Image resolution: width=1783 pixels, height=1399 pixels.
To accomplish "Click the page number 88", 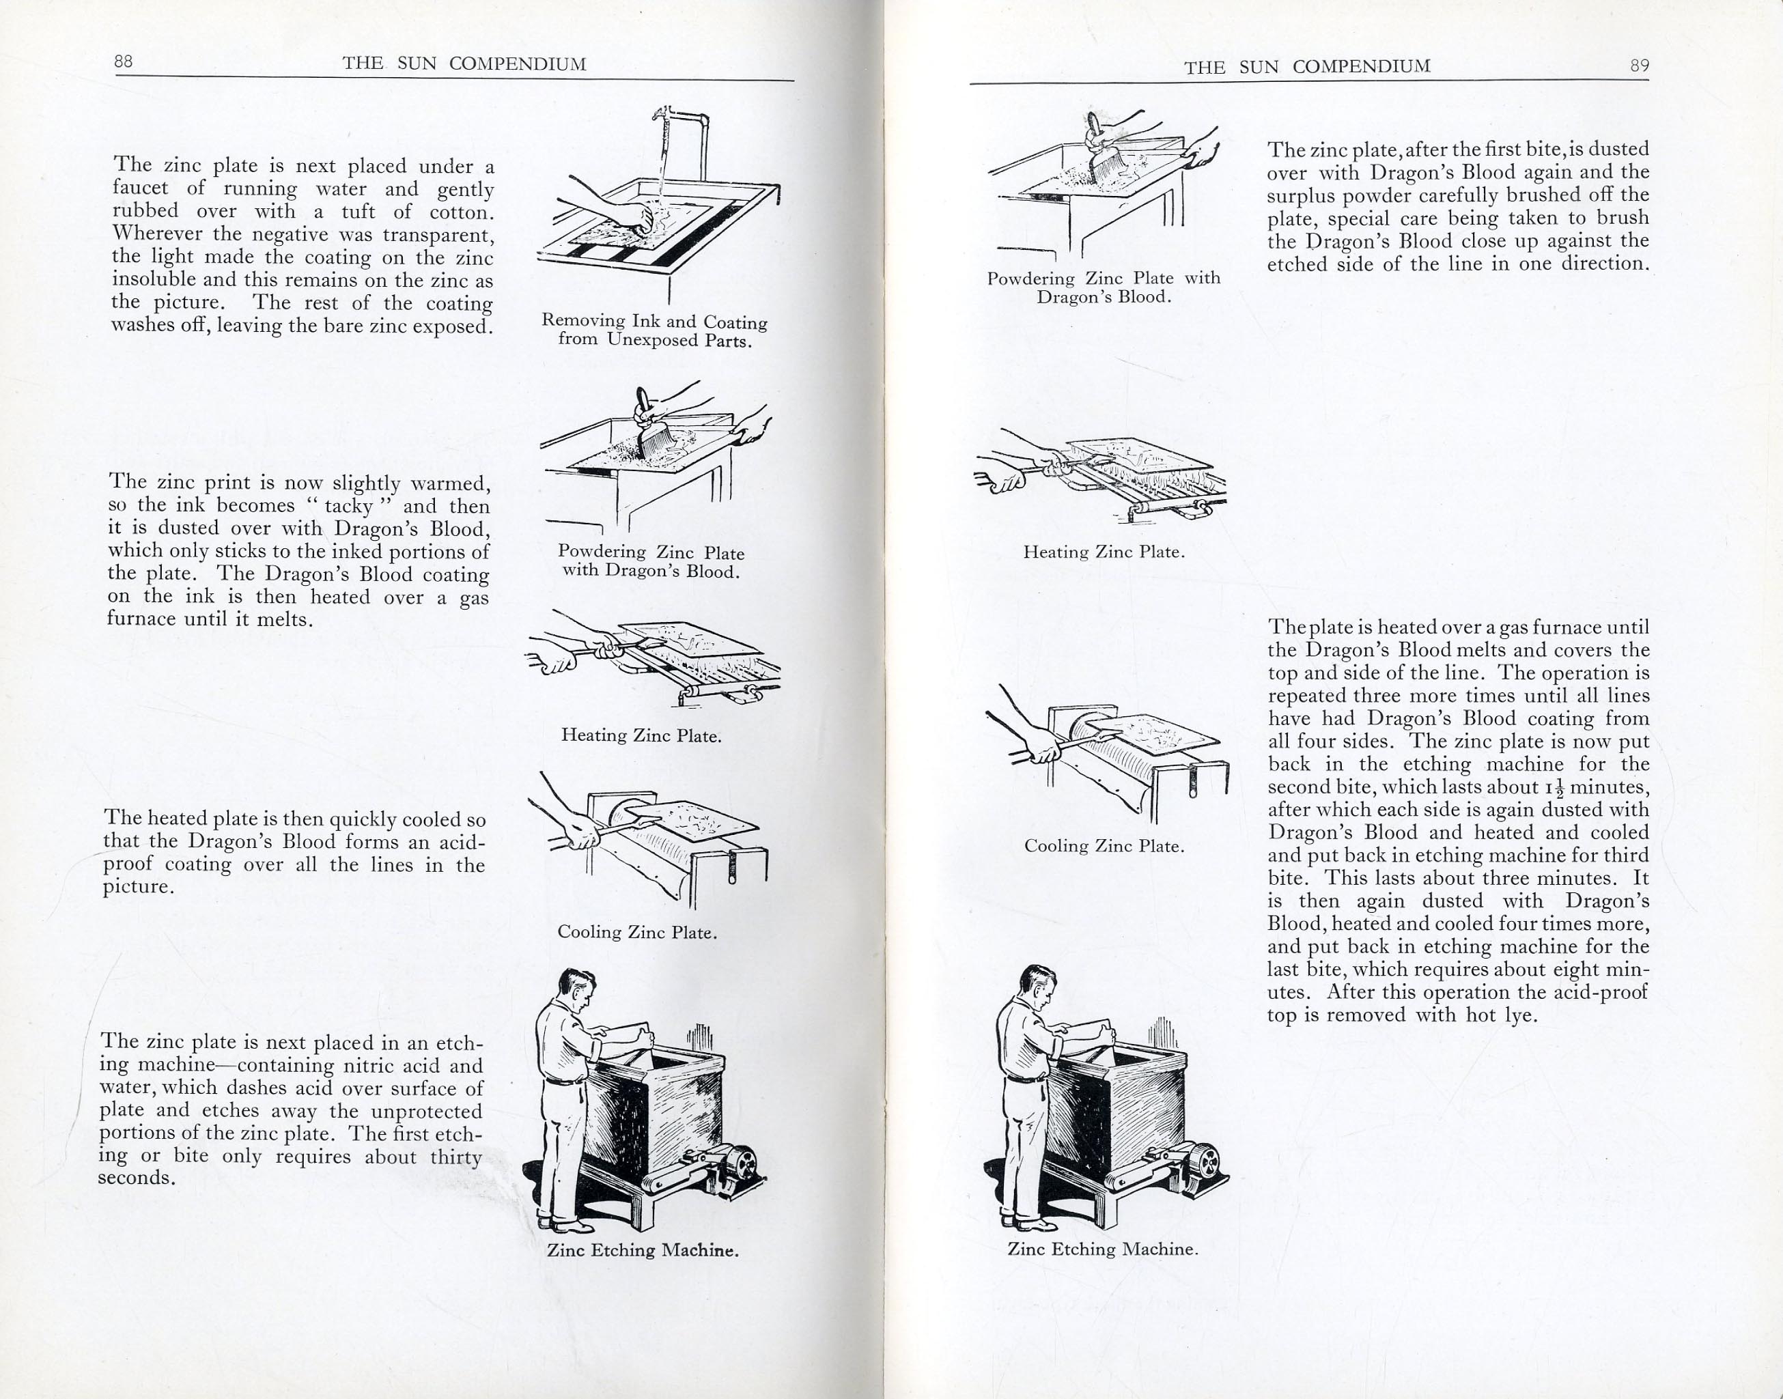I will [x=124, y=61].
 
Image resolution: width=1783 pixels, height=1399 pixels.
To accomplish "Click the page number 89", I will [x=1639, y=66].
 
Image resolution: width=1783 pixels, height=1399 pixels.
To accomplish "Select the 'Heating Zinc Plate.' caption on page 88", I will [x=641, y=735].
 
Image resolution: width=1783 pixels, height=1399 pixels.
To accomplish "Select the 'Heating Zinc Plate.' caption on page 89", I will [x=1104, y=552].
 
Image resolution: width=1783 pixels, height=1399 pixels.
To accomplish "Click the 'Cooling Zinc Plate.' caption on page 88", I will [x=637, y=932].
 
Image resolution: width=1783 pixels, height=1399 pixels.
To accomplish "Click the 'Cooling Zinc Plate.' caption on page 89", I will [x=1104, y=846].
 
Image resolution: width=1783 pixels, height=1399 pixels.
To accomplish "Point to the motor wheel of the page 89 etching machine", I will [x=1204, y=1161].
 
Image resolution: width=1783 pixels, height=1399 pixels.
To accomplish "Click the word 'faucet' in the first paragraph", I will [x=140, y=188].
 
